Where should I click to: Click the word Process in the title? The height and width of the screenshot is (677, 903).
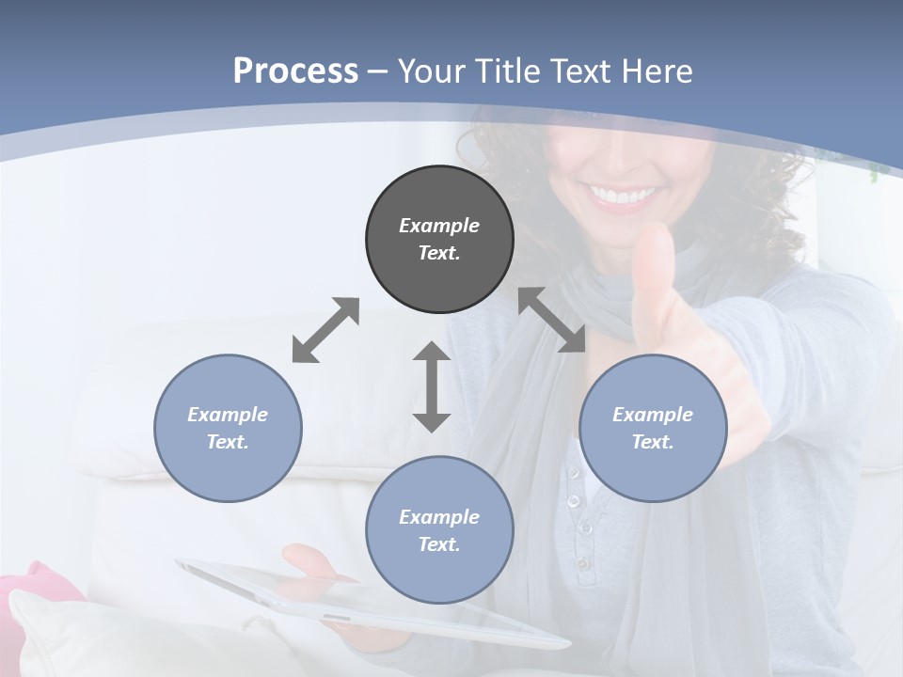point(295,71)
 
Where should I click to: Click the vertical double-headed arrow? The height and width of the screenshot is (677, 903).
point(432,386)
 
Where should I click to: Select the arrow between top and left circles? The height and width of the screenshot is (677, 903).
point(325,330)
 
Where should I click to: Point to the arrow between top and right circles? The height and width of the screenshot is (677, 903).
point(551,321)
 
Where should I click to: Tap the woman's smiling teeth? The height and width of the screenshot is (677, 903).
point(622,196)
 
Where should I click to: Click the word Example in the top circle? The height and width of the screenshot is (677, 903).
point(439,226)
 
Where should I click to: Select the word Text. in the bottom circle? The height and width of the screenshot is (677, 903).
point(439,544)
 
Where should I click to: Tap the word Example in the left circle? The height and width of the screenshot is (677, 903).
point(228,415)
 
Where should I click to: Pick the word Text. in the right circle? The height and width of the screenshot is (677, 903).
point(653,442)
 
